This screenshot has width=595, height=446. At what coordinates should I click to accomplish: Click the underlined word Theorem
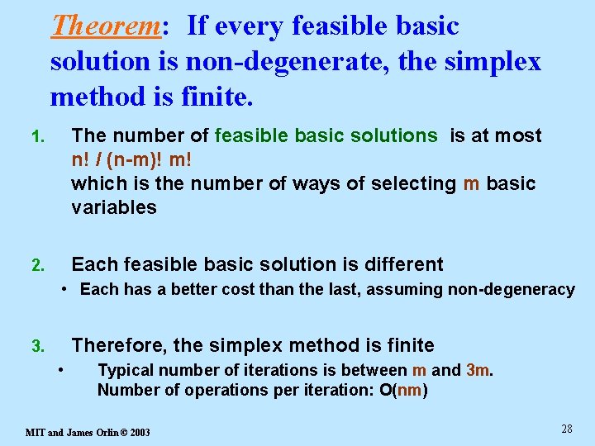[104, 26]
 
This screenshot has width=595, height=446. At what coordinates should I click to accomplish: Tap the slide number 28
[566, 429]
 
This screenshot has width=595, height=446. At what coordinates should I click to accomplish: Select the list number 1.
[37, 137]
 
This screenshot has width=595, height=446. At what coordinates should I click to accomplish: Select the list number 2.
[37, 266]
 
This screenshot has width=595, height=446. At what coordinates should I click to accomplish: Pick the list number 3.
[37, 347]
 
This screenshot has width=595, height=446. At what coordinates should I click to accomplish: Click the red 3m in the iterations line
[478, 371]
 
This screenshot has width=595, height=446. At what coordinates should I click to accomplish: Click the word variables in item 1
[114, 207]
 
